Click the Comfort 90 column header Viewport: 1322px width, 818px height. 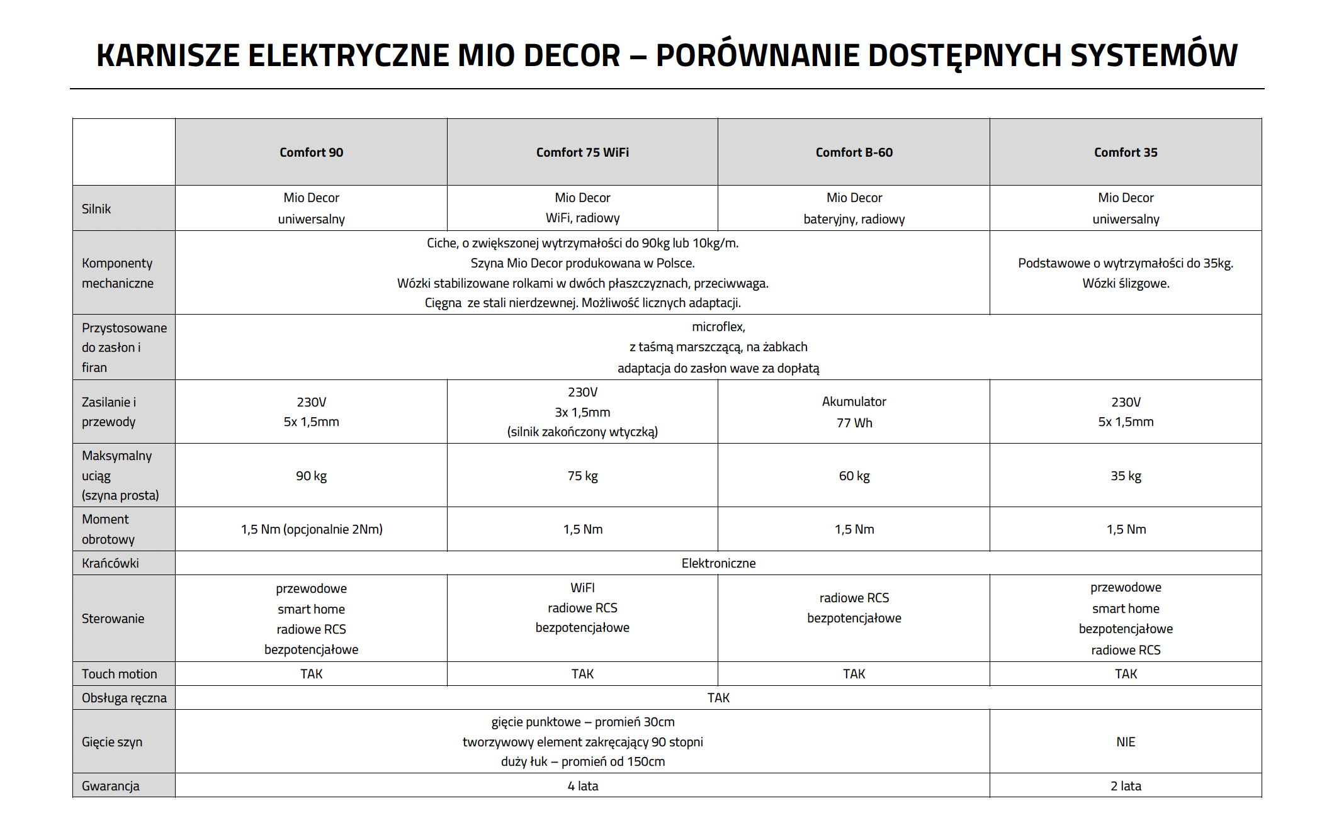coord(311,152)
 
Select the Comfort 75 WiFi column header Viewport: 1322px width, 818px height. coord(582,152)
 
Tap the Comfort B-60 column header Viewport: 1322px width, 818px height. coord(854,152)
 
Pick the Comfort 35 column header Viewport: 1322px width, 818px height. coord(1126,152)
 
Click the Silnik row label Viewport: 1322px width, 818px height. coord(96,209)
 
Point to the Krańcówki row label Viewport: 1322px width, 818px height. coord(110,563)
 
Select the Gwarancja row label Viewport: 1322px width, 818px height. coord(111,786)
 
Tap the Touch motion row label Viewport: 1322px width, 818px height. coord(119,674)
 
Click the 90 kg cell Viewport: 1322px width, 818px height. coord(311,476)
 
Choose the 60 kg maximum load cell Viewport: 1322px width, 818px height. coord(854,476)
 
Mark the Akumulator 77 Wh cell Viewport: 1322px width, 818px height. coord(854,412)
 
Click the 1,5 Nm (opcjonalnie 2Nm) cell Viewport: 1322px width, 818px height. coord(312,529)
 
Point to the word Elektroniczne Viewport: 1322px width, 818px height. coord(718,563)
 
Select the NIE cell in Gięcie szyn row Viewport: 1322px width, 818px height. coord(1126,742)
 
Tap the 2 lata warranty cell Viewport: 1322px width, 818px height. coord(1126,786)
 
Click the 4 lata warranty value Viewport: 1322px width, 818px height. coord(582,786)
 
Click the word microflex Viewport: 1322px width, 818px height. coord(718,327)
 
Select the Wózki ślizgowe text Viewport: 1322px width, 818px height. coord(1126,283)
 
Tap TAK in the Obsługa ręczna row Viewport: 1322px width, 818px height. coord(718,698)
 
